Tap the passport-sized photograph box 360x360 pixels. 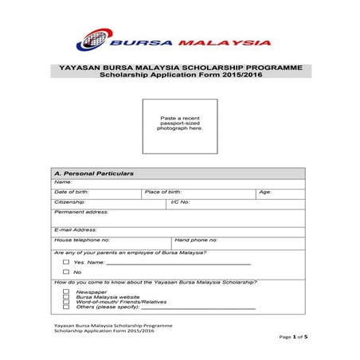point(180,127)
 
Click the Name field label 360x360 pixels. point(62,182)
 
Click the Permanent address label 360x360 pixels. point(80,213)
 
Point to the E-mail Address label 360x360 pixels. point(75,229)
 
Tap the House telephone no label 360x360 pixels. point(81,240)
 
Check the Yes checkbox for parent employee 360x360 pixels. point(66,261)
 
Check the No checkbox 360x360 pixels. point(66,272)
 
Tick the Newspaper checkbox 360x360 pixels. point(66,292)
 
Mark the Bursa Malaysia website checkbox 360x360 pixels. point(66,297)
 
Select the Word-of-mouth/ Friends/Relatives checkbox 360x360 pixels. point(66,302)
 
